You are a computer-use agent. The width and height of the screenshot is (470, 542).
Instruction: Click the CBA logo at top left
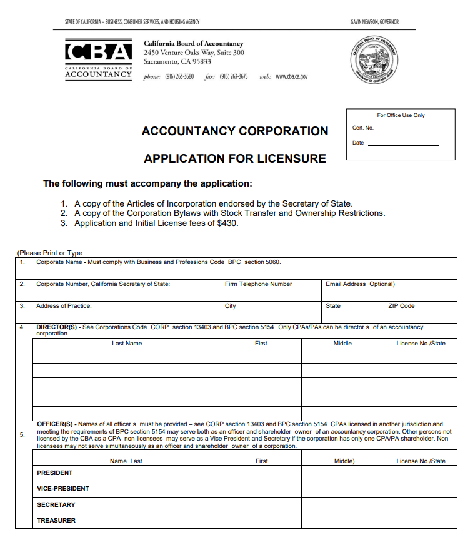click(x=98, y=59)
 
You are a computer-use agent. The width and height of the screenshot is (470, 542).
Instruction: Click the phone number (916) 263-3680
click(x=179, y=77)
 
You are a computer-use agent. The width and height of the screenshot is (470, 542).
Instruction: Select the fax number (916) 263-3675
click(x=234, y=77)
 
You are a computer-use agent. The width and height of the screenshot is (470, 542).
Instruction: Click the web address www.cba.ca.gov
click(x=292, y=77)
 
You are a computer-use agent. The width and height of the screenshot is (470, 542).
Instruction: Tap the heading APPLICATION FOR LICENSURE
click(x=235, y=158)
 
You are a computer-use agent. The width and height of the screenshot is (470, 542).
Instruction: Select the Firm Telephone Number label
click(x=259, y=284)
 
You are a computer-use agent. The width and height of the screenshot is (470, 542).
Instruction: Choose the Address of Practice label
click(x=64, y=306)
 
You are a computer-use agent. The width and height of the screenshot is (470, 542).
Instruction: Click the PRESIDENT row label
click(x=54, y=473)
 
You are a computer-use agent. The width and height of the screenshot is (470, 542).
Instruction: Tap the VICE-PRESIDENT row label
click(x=63, y=489)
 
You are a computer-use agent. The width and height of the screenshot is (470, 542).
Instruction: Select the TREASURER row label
click(x=56, y=521)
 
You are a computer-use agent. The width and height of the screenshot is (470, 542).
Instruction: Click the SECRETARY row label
click(x=56, y=505)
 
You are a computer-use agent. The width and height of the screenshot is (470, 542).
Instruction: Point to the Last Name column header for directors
click(x=127, y=344)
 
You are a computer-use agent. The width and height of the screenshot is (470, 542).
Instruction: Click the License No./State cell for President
click(x=420, y=474)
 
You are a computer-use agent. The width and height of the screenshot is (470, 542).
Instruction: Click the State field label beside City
click(x=333, y=306)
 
